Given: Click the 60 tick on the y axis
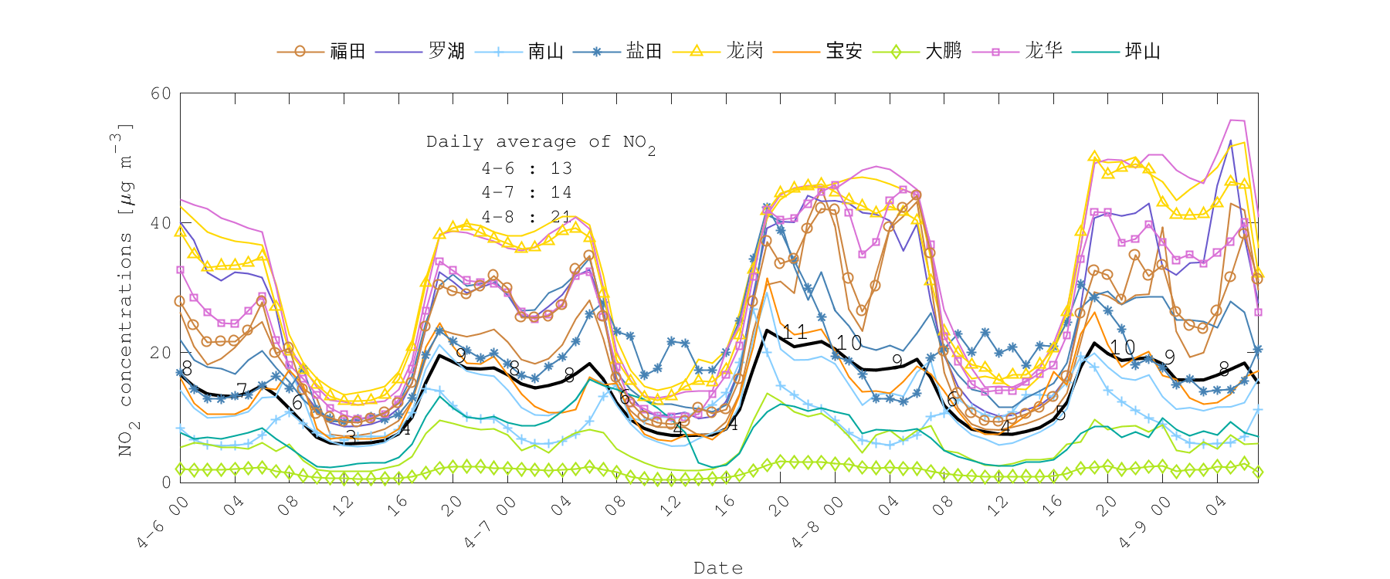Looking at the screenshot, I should point(161,93).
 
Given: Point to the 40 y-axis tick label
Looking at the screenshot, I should point(161,223).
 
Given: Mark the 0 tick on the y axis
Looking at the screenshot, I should point(165,482).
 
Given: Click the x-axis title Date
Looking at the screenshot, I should point(718,568).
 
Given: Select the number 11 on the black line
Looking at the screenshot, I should point(795,333).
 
